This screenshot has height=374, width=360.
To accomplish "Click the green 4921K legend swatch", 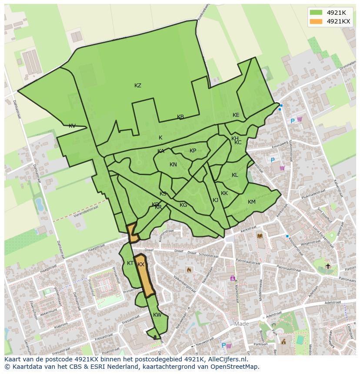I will (316, 13).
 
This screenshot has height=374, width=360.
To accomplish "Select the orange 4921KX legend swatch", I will (316, 21).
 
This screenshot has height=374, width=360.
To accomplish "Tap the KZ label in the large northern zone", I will (138, 86).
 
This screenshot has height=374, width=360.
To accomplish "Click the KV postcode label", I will (72, 126).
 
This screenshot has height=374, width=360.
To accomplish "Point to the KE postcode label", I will (236, 115).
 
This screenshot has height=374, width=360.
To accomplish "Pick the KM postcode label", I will (252, 202).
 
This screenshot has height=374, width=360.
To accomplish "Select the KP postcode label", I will (193, 151).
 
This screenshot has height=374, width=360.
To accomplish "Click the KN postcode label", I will (173, 165).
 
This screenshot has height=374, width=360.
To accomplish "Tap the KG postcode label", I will (183, 205).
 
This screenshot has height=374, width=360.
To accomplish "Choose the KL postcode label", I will (235, 175).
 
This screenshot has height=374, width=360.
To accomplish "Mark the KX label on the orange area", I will (141, 265).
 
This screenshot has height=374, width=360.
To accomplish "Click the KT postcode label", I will (130, 263).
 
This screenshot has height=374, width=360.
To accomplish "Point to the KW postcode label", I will (157, 315).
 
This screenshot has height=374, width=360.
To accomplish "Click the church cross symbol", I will (328, 266).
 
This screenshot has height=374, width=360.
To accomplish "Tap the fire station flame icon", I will (189, 270).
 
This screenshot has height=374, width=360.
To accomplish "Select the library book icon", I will (260, 236).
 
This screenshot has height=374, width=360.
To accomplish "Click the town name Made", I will (242, 324).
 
